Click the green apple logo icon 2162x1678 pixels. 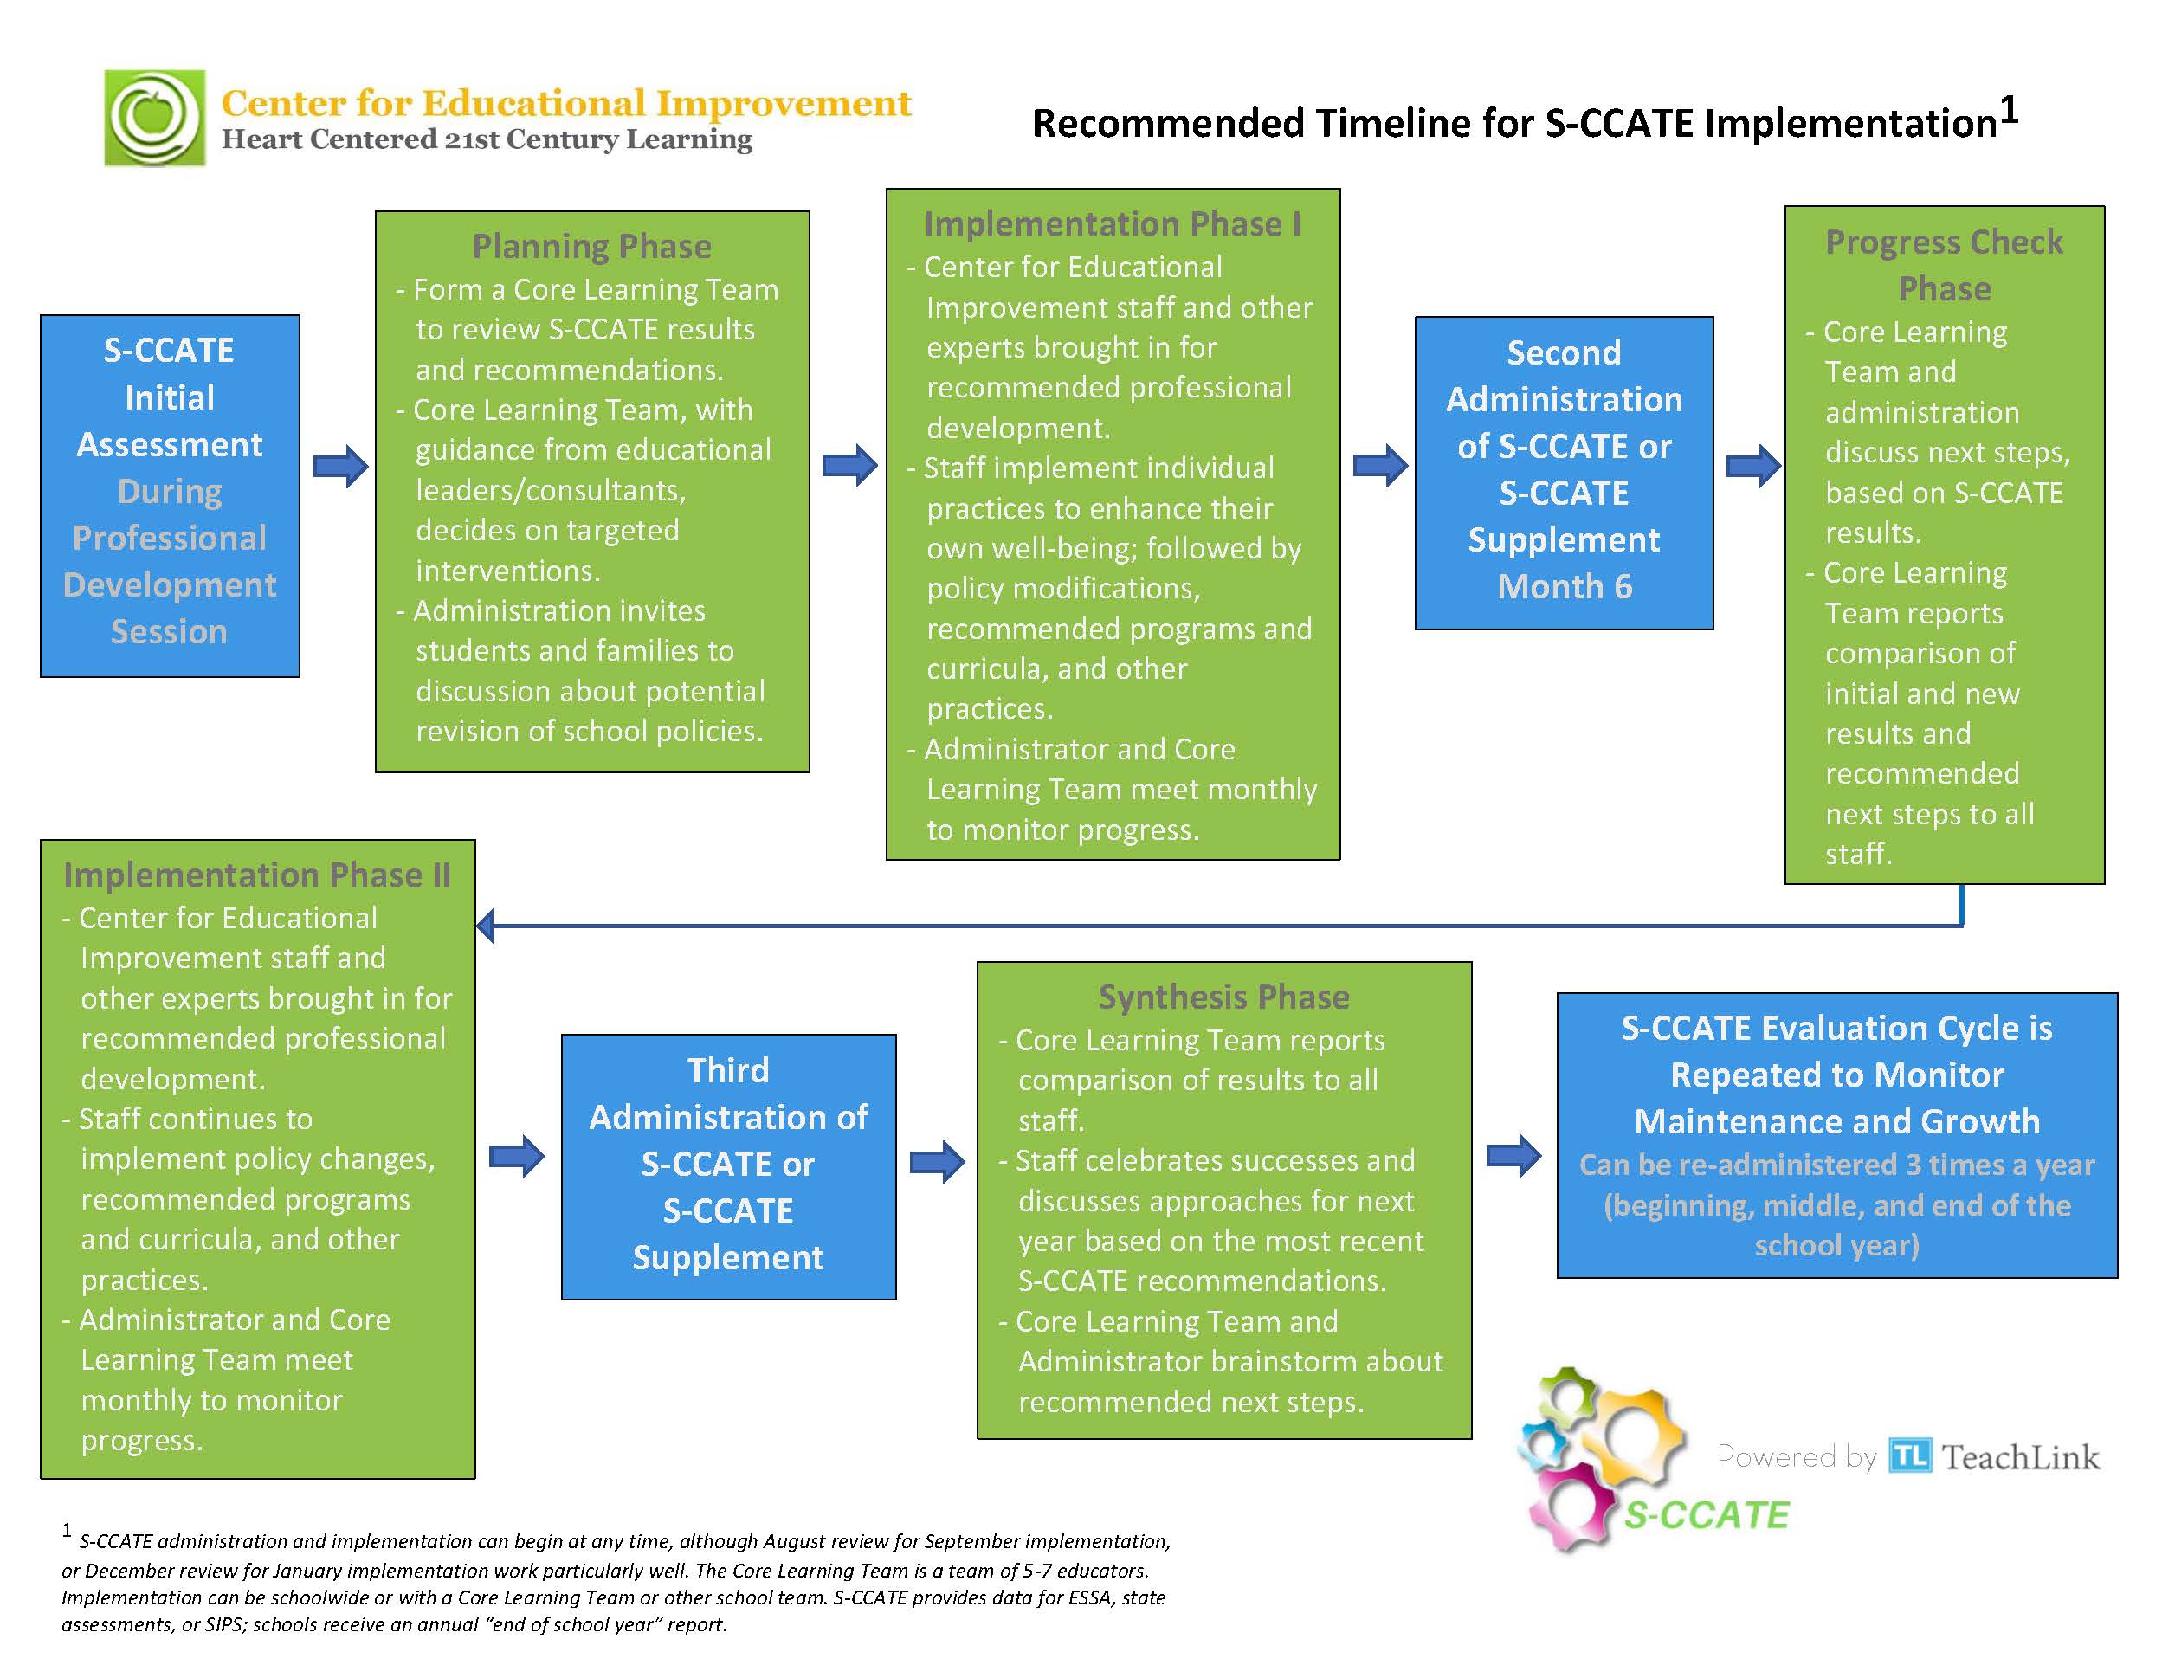(154, 118)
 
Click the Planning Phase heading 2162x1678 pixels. (592, 246)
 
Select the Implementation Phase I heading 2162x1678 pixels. (1113, 223)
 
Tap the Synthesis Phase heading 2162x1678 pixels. (1223, 997)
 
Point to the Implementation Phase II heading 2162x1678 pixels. (257, 875)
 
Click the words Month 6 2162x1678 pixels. (1564, 587)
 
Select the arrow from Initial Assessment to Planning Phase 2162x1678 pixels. (340, 465)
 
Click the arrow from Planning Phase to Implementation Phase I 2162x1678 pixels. (850, 465)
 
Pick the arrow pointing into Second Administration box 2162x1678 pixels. (1380, 465)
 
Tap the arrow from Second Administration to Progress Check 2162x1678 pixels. (1753, 465)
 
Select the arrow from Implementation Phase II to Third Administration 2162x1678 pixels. (517, 1156)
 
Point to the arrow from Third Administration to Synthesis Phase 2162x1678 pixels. (938, 1161)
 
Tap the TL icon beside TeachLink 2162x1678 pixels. (1909, 1455)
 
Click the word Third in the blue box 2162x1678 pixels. (728, 1070)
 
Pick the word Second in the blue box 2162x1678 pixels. (1564, 352)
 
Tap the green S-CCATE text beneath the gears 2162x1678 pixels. (1707, 1514)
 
